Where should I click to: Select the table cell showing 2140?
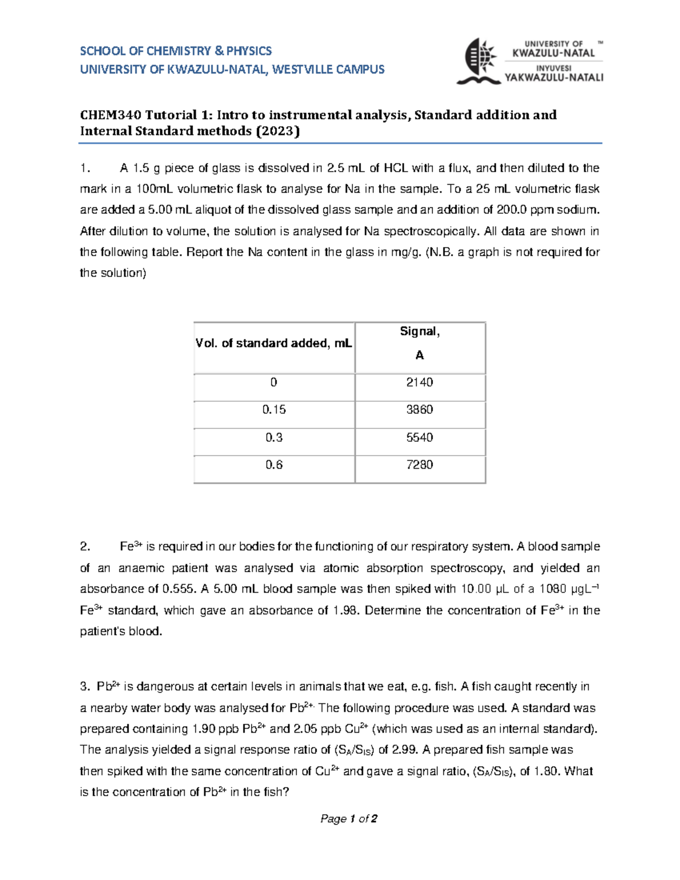tap(419, 382)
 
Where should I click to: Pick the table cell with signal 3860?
tap(419, 410)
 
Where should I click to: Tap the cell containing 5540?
tap(419, 437)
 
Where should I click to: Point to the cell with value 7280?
tap(419, 465)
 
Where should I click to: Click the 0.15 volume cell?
tap(274, 410)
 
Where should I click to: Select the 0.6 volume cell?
tap(274, 465)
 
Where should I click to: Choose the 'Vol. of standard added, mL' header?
tap(274, 343)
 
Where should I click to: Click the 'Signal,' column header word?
tap(419, 331)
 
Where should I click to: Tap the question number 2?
tap(85, 547)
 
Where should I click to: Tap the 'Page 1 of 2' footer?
tap(348, 819)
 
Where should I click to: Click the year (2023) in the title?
tap(278, 131)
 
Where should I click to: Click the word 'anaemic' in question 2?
tap(142, 568)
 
